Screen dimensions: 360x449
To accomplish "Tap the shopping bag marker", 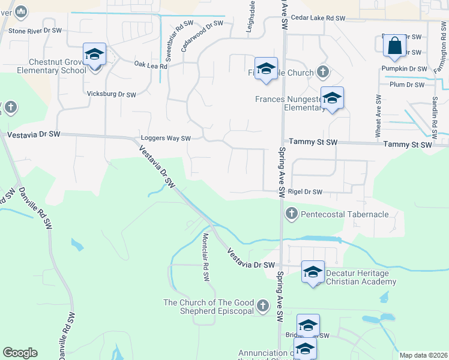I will [x=394, y=46].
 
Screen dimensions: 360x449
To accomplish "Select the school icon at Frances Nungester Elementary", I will [x=331, y=98].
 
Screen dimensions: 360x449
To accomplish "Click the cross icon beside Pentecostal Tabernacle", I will [x=292, y=214].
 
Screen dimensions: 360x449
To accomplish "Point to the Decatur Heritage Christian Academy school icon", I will [x=312, y=272].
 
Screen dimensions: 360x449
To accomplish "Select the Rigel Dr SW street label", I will [x=306, y=192].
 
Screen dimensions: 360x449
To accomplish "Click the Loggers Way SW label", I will [x=165, y=138].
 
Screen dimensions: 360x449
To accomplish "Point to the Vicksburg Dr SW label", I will [x=112, y=94].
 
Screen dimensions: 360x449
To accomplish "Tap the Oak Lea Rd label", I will [x=150, y=65].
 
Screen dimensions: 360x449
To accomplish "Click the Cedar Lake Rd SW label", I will [x=318, y=19].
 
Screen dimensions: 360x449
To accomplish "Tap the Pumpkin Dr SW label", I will [x=403, y=68].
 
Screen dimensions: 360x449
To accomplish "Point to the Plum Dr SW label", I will [x=408, y=85].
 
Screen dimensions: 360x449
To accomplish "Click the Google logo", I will [x=20, y=353].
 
